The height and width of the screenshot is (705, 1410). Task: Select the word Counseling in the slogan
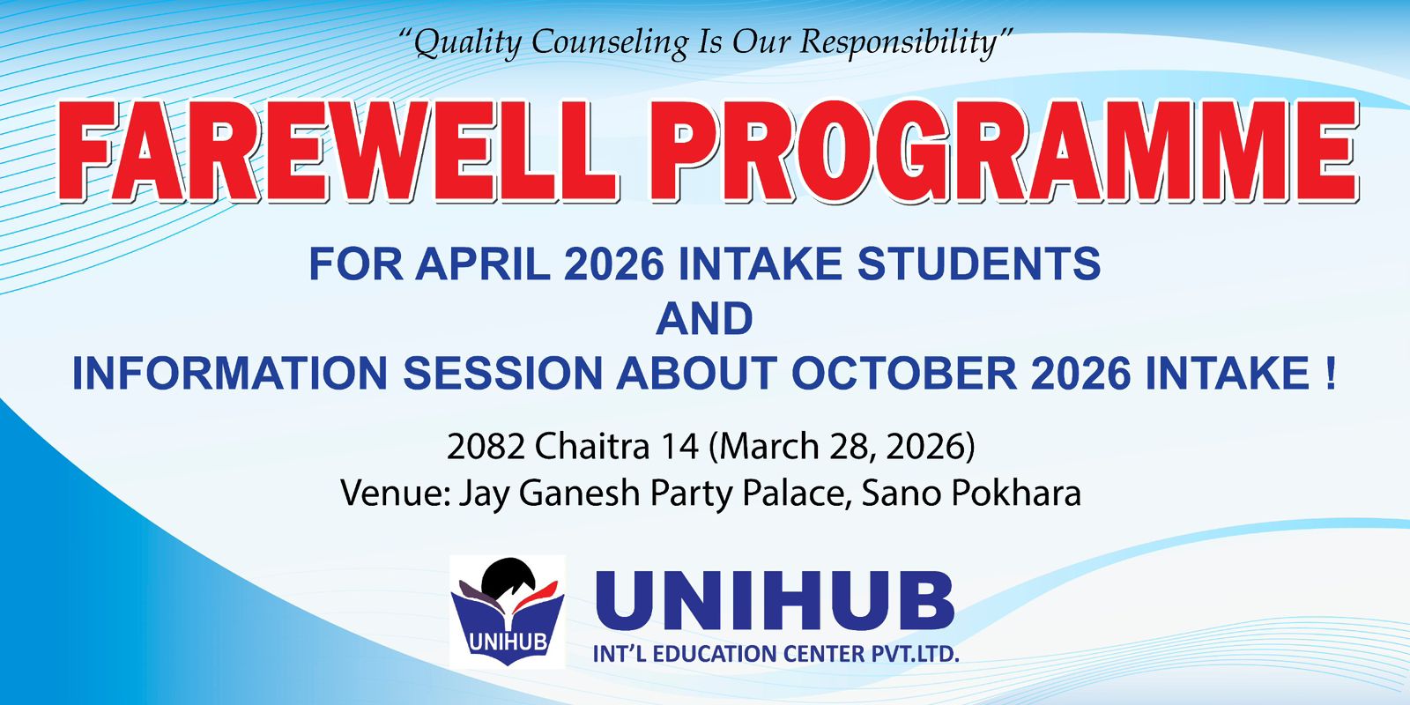(610, 43)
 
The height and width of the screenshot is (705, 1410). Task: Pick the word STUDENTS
(979, 263)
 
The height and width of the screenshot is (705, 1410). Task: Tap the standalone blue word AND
(704, 319)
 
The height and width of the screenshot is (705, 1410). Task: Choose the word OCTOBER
(904, 374)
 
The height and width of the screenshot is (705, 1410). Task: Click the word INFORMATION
(230, 374)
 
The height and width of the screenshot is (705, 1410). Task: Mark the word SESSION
(502, 374)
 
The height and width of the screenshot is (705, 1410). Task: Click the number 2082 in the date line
(486, 446)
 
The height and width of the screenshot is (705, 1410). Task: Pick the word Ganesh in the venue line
(578, 493)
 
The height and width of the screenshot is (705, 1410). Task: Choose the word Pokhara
(1016, 493)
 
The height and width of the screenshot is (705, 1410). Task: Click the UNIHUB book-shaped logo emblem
(508, 612)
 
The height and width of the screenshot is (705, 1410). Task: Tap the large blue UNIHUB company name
(775, 600)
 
